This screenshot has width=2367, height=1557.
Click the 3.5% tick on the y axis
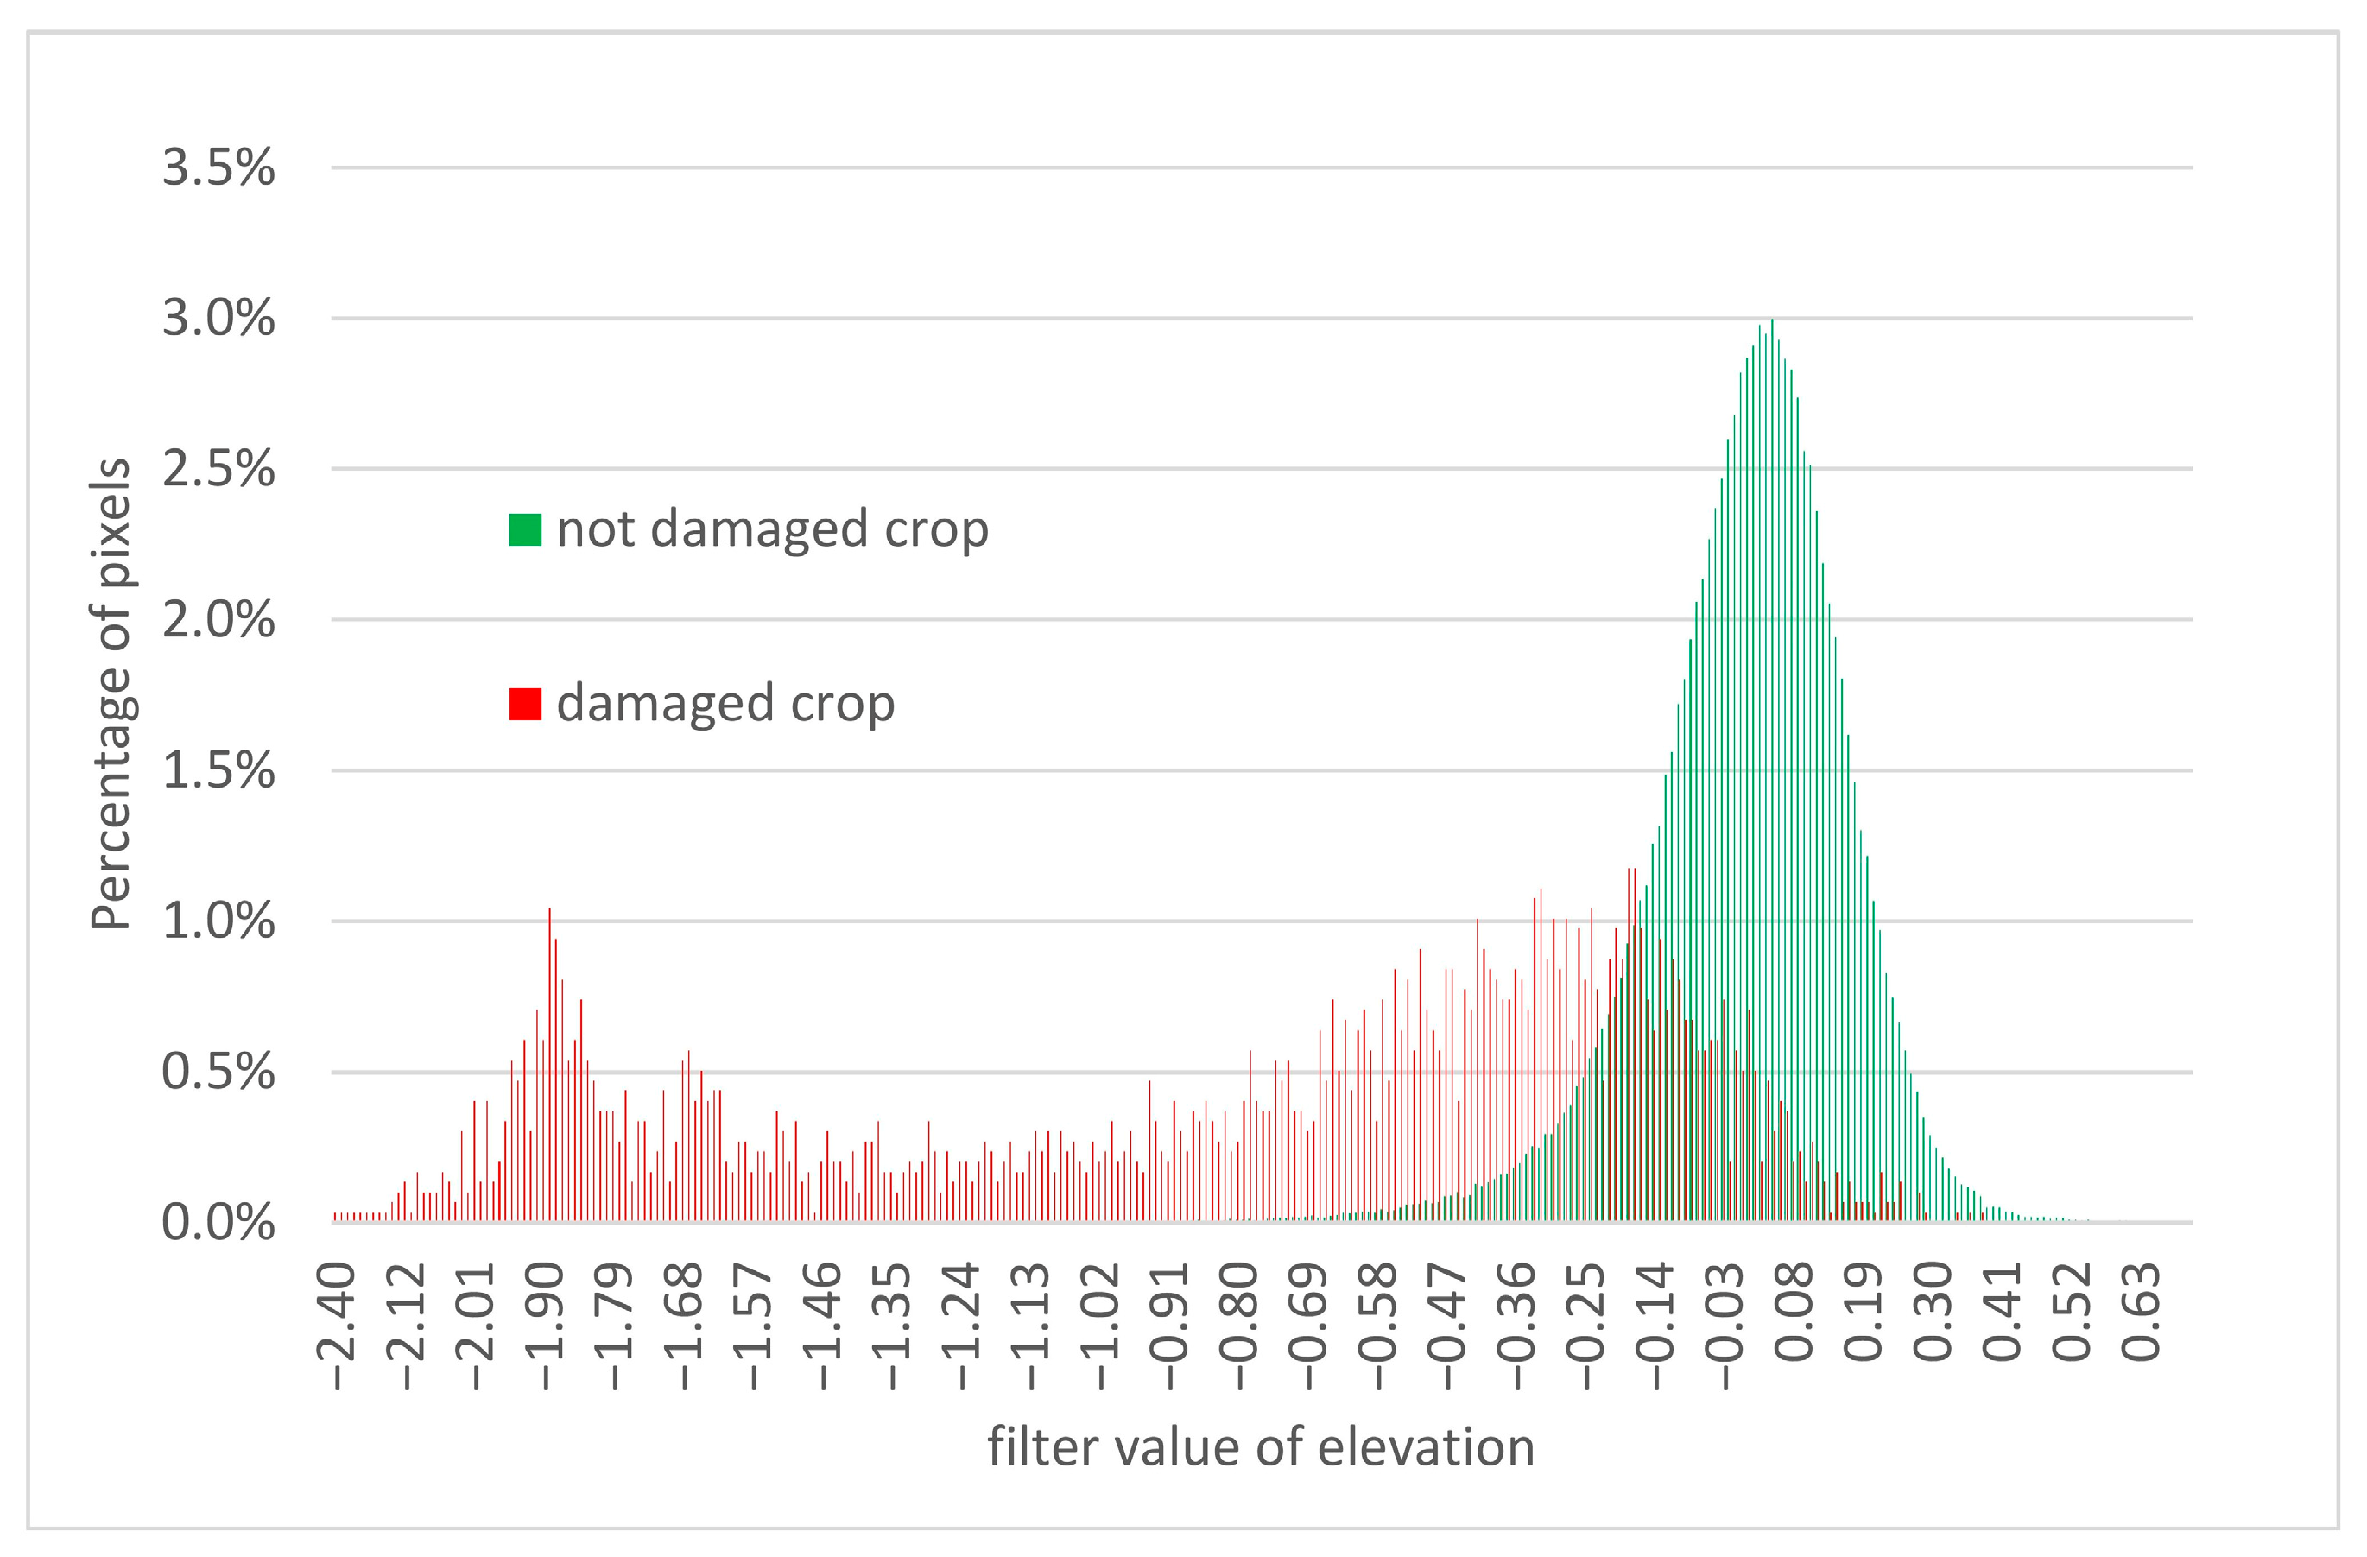click(218, 168)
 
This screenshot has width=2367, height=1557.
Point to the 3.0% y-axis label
click(218, 320)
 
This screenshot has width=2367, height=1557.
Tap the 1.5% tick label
click(218, 770)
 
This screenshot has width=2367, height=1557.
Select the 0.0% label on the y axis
click(218, 1223)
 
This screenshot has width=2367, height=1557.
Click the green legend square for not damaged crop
click(525, 530)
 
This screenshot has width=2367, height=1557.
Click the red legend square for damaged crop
click(525, 704)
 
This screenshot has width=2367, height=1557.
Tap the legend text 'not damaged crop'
click(772, 529)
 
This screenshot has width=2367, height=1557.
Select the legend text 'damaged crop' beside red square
click(725, 704)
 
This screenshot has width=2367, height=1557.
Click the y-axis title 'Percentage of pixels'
click(111, 694)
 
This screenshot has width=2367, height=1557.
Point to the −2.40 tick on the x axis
click(336, 1326)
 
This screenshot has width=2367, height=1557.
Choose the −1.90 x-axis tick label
click(545, 1326)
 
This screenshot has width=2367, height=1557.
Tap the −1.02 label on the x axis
click(1100, 1326)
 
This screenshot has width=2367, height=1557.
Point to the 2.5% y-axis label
click(218, 469)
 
